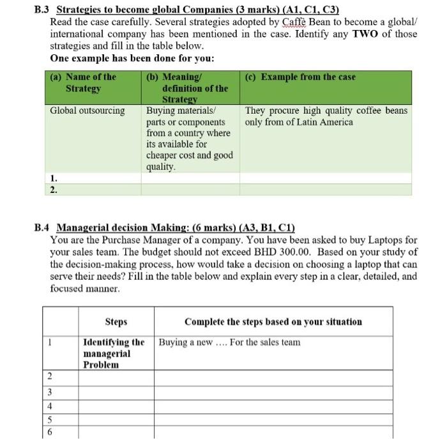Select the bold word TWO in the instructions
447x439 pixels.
pyautogui.click(x=365, y=34)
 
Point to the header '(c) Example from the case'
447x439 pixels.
pyautogui.click(x=300, y=77)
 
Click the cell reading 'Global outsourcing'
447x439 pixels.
pyautogui.click(x=87, y=111)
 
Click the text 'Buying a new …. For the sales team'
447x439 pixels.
pyautogui.click(x=229, y=343)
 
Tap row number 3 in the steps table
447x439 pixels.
pyautogui.click(x=49, y=391)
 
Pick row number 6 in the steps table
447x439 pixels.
pyautogui.click(x=49, y=433)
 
